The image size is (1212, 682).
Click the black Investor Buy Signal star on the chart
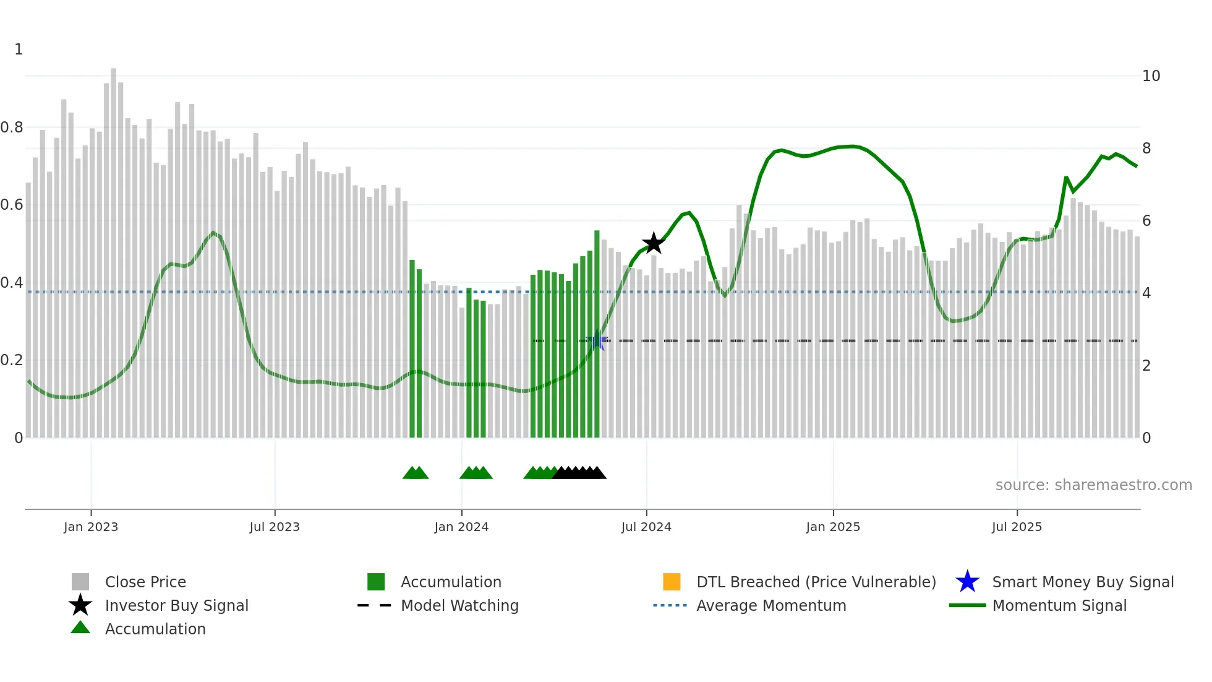click(654, 243)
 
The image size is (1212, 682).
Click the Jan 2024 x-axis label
click(461, 527)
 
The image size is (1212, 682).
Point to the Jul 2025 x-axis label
click(1017, 527)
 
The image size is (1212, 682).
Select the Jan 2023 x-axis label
click(91, 527)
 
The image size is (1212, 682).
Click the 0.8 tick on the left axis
click(12, 127)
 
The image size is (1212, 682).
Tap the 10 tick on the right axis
click(1151, 76)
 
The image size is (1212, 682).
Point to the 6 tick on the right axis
click(1146, 221)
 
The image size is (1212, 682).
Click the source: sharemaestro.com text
click(1093, 485)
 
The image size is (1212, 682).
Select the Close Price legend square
click(80, 582)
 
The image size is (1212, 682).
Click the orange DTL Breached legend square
click(672, 582)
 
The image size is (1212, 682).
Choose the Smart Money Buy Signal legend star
click(967, 582)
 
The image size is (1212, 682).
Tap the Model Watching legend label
click(459, 605)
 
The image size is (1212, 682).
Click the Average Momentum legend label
click(771, 605)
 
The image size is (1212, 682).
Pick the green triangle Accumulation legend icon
click(80, 628)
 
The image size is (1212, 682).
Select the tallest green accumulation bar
click(597, 334)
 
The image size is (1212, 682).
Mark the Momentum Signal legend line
click(967, 605)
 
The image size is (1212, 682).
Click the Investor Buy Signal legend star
click(80, 605)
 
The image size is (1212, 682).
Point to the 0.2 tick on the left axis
click(12, 360)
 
